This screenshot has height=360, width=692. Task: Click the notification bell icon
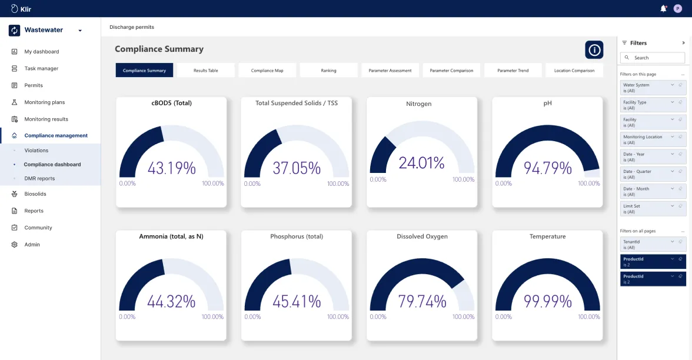tap(663, 8)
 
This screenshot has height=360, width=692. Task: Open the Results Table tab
tap(206, 71)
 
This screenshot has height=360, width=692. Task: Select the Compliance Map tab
tap(267, 71)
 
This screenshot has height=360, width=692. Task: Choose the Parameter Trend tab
tap(513, 71)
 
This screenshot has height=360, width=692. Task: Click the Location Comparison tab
tap(574, 71)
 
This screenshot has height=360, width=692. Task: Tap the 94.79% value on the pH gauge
tap(547, 168)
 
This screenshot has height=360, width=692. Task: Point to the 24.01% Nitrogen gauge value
tap(422, 162)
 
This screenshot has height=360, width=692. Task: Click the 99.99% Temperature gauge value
tap(547, 301)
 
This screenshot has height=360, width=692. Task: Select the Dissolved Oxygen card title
tap(422, 236)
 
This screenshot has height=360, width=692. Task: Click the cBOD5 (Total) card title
tap(171, 103)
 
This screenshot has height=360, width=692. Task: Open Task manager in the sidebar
tap(41, 69)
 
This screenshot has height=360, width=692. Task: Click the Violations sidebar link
tap(36, 151)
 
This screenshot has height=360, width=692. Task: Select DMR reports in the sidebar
tap(39, 178)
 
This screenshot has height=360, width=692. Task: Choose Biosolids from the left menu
tap(35, 194)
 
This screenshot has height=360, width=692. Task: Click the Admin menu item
tap(32, 245)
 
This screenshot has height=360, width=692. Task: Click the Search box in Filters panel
tap(653, 58)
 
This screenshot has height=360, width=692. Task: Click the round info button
tap(594, 50)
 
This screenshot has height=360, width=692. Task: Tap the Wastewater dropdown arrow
tap(80, 31)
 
